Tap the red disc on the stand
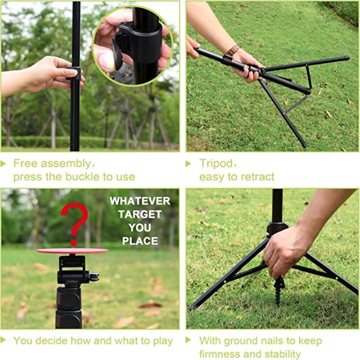tap(72, 250)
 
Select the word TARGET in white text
tap(140, 214)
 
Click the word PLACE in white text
tap(140, 241)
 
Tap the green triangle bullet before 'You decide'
tap(5, 341)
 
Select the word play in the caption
tap(162, 341)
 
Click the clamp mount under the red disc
tap(71, 270)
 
